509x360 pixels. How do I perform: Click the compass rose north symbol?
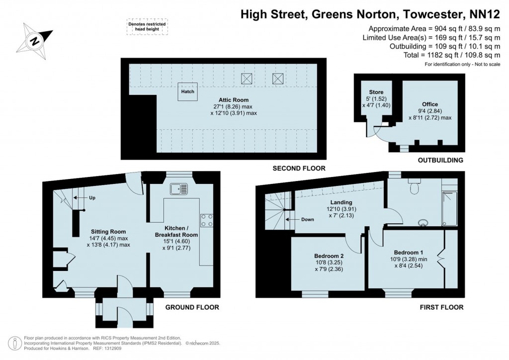pyautogui.click(x=35, y=40)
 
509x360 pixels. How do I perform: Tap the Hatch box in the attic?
pyautogui.click(x=187, y=92)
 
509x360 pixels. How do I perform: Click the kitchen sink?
pyautogui.click(x=177, y=189)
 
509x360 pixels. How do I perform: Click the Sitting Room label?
pyautogui.click(x=108, y=231)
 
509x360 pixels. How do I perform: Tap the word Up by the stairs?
pyautogui.click(x=92, y=198)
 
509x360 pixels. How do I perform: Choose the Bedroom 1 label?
pyautogui.click(x=409, y=252)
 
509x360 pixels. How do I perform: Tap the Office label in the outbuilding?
pyautogui.click(x=430, y=104)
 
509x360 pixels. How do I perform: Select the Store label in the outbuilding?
pyautogui.click(x=376, y=92)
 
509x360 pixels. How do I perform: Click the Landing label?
pyautogui.click(x=340, y=202)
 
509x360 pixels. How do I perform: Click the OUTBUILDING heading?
pyautogui.click(x=440, y=160)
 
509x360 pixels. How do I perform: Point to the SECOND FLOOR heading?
pyautogui.click(x=299, y=169)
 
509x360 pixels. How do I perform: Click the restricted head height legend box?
pyautogui.click(x=148, y=27)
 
